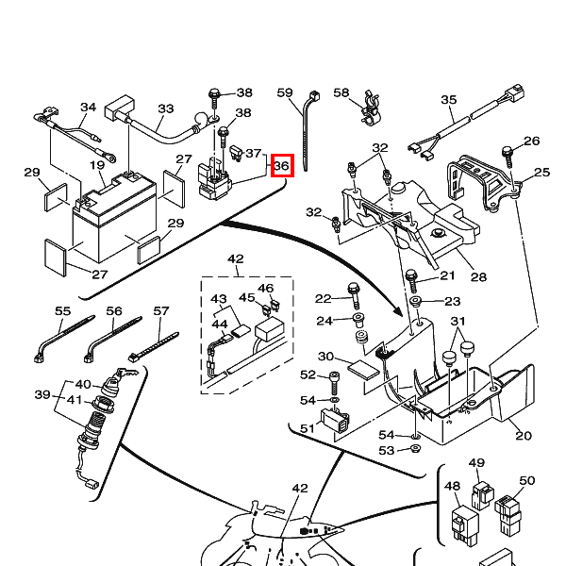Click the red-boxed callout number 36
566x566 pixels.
(282, 166)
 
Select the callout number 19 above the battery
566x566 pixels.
(97, 165)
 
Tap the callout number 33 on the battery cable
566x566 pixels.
(166, 108)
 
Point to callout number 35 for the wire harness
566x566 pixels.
(449, 100)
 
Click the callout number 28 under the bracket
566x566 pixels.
(478, 276)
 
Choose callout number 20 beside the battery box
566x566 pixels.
(524, 436)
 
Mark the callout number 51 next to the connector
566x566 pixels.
(308, 428)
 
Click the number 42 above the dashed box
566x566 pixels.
(236, 258)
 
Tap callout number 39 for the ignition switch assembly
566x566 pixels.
(42, 394)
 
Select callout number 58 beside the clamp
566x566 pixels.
(341, 92)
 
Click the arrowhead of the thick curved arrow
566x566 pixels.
(398, 311)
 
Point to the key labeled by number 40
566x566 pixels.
(126, 373)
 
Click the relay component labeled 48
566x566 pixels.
(464, 524)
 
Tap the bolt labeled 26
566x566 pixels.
(508, 156)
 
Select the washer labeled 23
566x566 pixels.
(416, 300)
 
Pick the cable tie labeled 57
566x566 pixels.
(153, 347)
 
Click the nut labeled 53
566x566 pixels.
(416, 449)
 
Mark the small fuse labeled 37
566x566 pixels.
(236, 153)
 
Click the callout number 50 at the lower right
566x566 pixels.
(526, 481)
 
